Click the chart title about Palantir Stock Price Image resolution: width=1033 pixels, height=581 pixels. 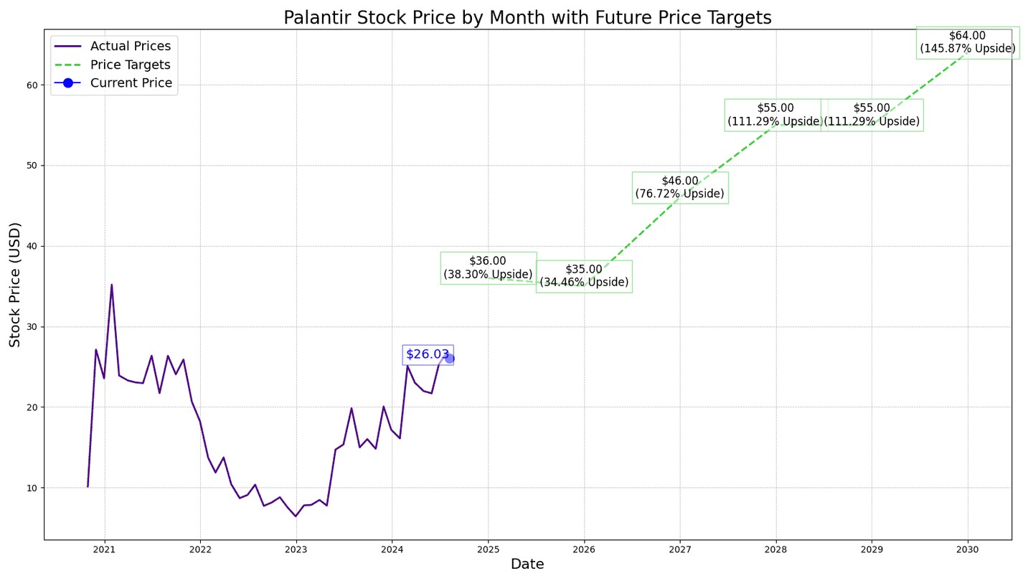527,18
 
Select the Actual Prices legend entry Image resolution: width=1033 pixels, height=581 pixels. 130,47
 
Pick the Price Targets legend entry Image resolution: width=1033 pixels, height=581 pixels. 130,65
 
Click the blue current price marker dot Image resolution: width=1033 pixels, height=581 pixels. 449,358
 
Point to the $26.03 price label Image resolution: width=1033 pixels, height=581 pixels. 427,354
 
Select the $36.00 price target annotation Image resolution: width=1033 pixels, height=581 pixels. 488,268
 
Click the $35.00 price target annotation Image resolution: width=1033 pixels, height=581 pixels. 584,276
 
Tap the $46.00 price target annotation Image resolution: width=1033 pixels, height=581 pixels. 679,187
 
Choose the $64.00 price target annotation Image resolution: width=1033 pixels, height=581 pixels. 967,42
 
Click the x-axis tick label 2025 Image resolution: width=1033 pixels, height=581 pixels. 488,549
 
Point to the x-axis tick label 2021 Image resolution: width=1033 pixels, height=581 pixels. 104,549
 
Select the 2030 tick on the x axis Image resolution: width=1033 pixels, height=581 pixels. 968,549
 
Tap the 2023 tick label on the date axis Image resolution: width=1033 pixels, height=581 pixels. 296,549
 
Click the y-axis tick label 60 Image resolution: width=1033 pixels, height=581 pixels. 32,85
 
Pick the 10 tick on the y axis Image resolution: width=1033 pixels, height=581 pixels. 32,488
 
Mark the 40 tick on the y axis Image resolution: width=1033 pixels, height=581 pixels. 32,246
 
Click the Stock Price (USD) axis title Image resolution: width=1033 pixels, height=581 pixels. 15,285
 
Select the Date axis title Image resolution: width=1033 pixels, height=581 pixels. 527,565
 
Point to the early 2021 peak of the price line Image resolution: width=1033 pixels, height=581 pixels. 111,285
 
